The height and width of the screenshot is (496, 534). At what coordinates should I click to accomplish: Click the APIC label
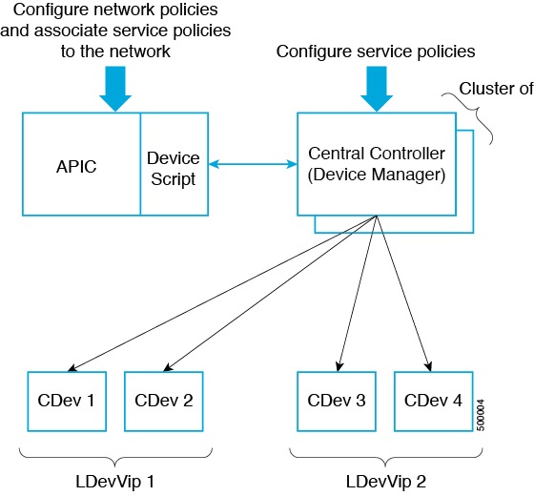tap(76, 167)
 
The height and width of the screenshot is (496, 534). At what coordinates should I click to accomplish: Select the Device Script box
tap(175, 164)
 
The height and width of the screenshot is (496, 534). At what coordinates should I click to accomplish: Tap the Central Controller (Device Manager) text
tap(377, 164)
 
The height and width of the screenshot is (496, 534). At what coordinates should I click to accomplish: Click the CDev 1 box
tap(67, 402)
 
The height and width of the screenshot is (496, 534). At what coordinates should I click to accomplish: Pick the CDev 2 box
tap(164, 402)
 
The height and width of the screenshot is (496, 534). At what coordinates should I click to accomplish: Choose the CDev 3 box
tap(337, 402)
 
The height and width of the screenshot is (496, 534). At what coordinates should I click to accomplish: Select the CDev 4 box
tap(434, 402)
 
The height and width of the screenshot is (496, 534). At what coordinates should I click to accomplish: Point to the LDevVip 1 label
tap(115, 482)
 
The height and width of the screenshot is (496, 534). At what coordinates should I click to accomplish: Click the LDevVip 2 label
tap(386, 482)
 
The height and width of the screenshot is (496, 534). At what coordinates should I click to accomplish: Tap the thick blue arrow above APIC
tap(115, 89)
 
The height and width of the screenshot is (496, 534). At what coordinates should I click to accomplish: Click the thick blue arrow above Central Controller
tap(377, 89)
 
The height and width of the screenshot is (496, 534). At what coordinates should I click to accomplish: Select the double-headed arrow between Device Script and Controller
tap(253, 164)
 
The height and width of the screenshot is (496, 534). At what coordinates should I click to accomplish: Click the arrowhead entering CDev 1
tap(72, 368)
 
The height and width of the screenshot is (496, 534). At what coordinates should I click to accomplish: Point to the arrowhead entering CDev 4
tap(429, 367)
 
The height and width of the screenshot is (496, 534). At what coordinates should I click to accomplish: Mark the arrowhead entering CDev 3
tap(339, 367)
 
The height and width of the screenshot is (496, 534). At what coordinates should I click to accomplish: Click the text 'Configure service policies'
tap(376, 52)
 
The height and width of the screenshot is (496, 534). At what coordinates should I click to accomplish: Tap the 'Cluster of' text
tap(496, 89)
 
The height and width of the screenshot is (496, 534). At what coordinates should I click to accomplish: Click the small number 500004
tap(481, 415)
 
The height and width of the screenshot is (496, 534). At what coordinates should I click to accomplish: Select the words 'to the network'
tap(115, 52)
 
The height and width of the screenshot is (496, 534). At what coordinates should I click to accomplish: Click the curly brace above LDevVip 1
tap(115, 457)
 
